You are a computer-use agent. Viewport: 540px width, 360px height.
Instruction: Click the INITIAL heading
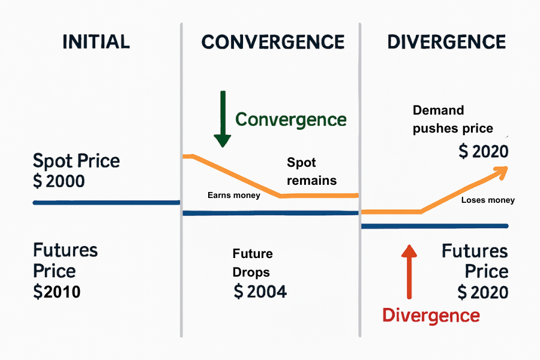coord(95,41)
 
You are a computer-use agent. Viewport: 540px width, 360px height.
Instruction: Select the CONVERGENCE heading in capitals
coord(273,42)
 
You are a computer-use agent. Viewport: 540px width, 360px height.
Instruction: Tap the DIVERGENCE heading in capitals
coord(446,42)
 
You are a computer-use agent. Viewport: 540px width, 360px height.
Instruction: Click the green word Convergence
coord(291,119)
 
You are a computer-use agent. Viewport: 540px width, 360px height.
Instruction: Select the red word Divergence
coord(431,315)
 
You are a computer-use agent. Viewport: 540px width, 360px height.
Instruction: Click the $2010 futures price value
coord(57,292)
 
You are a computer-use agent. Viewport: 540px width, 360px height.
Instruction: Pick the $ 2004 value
coord(260,292)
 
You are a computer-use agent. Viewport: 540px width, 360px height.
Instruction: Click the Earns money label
coord(234,195)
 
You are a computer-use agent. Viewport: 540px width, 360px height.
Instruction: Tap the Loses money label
coord(488,200)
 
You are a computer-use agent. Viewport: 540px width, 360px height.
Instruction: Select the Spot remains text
coord(311,172)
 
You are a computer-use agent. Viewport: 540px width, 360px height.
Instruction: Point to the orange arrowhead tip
coord(506,167)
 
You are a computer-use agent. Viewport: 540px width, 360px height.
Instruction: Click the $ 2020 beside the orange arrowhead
coord(483,152)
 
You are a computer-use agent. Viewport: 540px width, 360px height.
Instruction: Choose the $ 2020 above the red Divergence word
coord(482,292)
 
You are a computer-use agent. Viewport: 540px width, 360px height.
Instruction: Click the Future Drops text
coord(252,263)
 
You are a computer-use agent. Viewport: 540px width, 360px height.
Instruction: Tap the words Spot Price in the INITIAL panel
coord(76,161)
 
